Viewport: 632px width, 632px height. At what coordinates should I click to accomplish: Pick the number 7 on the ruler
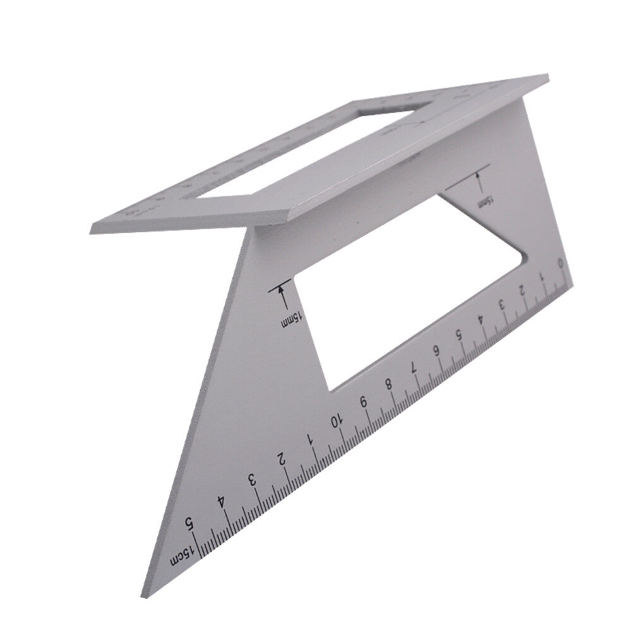(414, 366)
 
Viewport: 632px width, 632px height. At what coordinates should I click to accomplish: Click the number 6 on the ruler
(436, 350)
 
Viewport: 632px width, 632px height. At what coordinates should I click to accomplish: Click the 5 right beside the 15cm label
(188, 523)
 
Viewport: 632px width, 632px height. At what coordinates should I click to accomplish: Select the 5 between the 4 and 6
(458, 335)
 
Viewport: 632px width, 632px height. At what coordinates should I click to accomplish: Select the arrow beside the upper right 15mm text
(478, 183)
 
